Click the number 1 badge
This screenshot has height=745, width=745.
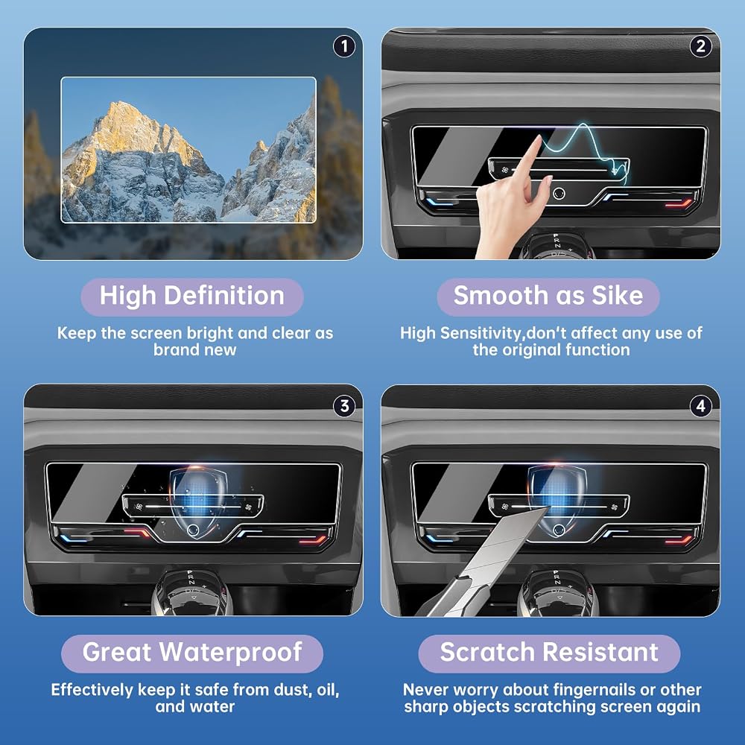pos(344,46)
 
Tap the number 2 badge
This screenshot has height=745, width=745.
pos(700,46)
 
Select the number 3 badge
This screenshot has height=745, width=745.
pos(344,406)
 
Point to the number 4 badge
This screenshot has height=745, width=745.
pos(700,406)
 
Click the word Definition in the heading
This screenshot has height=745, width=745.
pos(224,295)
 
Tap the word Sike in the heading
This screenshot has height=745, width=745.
pos(617,295)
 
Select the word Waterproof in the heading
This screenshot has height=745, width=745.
pos(230,652)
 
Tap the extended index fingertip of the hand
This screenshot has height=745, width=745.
pos(539,139)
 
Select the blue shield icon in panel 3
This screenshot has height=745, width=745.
pos(199,502)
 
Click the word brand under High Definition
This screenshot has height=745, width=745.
pos(174,349)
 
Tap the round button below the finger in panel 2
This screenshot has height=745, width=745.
pos(559,193)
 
